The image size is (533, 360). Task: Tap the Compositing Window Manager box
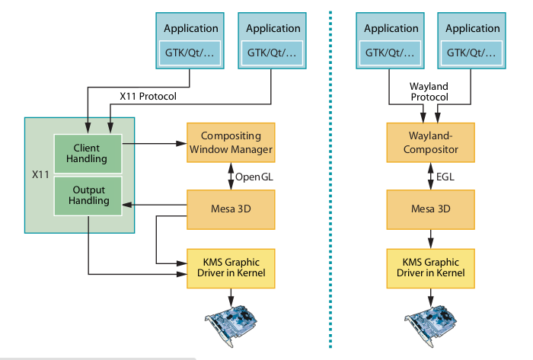pyautogui.click(x=230, y=143)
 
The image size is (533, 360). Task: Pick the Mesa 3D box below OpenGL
pyautogui.click(x=230, y=208)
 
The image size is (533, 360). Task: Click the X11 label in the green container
pyautogui.click(x=40, y=174)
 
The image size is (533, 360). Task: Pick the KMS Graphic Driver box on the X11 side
pyautogui.click(x=230, y=267)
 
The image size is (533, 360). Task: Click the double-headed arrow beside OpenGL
pyautogui.click(x=231, y=176)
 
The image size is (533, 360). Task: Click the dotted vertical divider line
pyautogui.click(x=331, y=183)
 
